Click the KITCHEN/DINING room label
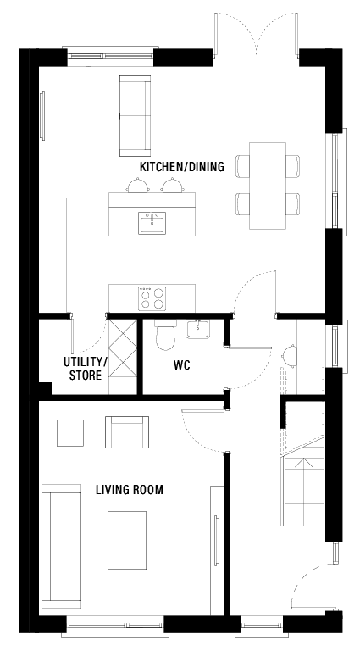(181, 167)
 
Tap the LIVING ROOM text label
(129, 490)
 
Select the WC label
(181, 368)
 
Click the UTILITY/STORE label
(85, 369)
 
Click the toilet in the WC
(165, 337)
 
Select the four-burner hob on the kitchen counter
(152, 298)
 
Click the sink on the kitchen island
(152, 223)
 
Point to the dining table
(269, 186)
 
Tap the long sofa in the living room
(60, 547)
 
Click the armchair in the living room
(126, 431)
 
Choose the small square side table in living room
(70, 432)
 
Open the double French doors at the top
(254, 34)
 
